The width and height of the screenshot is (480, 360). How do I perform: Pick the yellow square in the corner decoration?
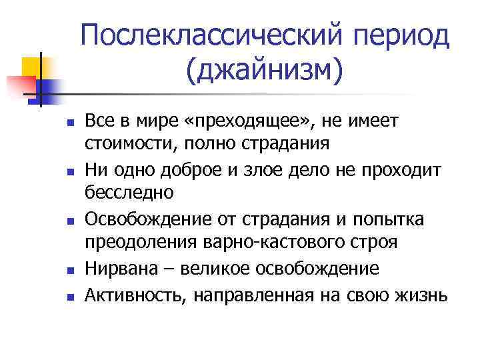pyautogui.click(x=32, y=67)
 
